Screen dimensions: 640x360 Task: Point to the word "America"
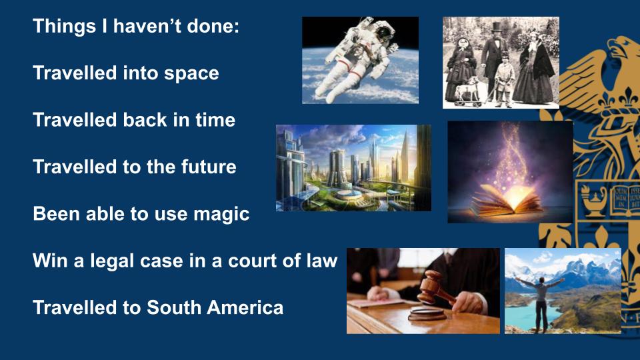245,307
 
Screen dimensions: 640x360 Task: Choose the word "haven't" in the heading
144,26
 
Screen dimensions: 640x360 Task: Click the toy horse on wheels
468,91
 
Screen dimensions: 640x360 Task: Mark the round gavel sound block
427,314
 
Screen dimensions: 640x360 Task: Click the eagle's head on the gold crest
621,49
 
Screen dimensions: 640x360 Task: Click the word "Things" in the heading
65,27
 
